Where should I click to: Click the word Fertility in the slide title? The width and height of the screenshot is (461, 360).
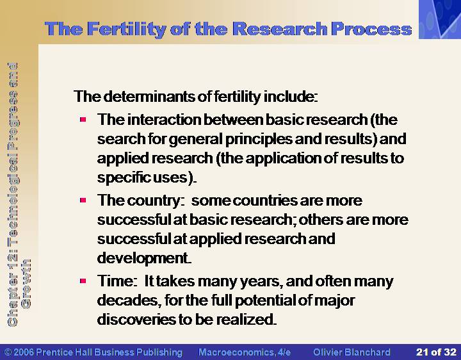tap(126, 29)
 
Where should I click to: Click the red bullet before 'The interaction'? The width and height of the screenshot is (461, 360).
tap(83, 119)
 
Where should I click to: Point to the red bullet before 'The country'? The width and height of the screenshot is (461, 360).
tap(83, 200)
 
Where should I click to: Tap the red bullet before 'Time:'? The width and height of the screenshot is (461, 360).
tap(83, 281)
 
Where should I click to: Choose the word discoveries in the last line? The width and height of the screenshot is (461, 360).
tap(136, 320)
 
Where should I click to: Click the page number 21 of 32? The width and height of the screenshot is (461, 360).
tap(436, 352)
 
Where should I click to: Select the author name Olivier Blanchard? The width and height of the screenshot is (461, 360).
tap(352, 352)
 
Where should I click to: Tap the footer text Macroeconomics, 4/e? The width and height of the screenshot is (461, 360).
tap(245, 352)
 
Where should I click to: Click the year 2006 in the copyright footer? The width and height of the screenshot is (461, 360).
tap(24, 352)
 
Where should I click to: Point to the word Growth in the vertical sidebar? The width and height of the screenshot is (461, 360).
tap(26, 284)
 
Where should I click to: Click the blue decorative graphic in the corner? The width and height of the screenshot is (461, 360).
tap(440, 19)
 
